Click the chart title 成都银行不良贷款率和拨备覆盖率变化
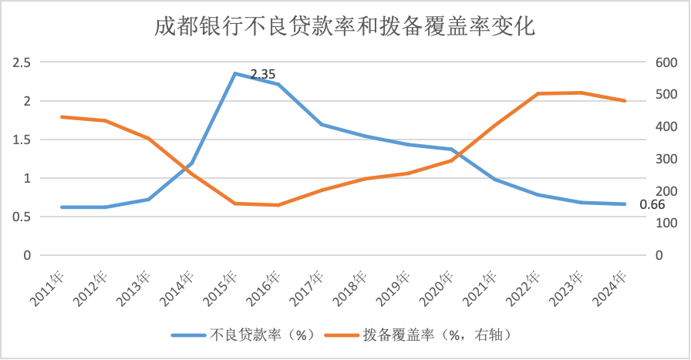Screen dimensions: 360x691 point(345,27)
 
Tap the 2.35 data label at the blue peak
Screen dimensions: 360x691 point(263,75)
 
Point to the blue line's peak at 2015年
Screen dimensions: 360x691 point(234,73)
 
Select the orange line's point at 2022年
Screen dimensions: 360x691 point(538,93)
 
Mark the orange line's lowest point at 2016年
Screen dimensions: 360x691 point(278,205)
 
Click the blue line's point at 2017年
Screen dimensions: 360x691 point(321,124)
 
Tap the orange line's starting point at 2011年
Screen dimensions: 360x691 point(61,116)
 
